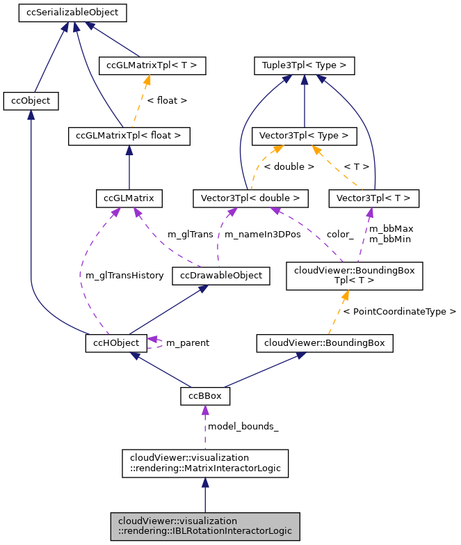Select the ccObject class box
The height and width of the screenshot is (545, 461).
coord(31,101)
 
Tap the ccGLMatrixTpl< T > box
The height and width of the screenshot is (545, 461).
coord(152,66)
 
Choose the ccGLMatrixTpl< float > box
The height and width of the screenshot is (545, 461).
coord(129,136)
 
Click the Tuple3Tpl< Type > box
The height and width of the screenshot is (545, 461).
coord(305,66)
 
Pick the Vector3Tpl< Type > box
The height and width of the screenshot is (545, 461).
coord(305,136)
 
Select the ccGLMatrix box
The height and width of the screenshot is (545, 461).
coord(129,198)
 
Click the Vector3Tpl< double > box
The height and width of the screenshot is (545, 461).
coord(250,198)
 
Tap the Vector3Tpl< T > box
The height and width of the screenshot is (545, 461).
coord(373,198)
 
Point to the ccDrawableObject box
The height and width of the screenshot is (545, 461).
coord(221,275)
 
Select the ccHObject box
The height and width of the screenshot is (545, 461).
coord(116,342)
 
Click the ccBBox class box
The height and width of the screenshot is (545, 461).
coord(205,396)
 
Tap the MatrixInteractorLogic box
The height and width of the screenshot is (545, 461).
coord(205,464)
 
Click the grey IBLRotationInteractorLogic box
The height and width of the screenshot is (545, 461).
coord(205,526)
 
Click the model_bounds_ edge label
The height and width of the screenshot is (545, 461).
coord(243,426)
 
